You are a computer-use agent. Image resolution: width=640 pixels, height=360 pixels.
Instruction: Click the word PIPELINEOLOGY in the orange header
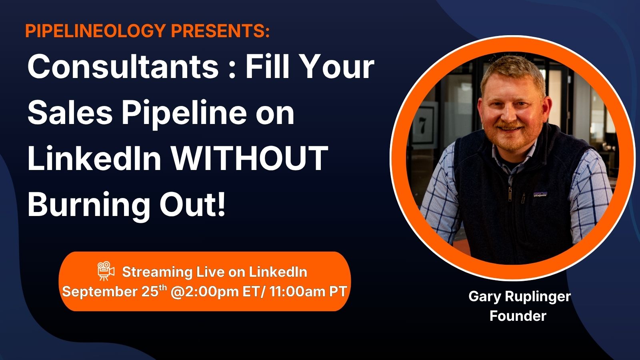(x=96, y=30)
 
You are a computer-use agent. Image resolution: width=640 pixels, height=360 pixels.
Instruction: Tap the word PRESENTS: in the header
(x=220, y=30)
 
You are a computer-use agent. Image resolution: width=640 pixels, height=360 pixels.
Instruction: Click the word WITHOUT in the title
(x=250, y=158)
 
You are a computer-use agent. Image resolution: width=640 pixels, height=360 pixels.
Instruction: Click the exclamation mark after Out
(x=222, y=204)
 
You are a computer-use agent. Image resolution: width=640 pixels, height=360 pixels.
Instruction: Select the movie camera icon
(x=106, y=271)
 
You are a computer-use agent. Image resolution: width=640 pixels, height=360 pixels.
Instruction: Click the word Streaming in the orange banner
(x=157, y=272)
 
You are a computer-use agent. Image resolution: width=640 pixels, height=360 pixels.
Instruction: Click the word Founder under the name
(x=518, y=316)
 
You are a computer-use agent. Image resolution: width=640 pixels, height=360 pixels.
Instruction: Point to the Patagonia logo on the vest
(x=540, y=194)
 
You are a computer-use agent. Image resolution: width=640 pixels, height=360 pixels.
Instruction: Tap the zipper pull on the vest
(x=509, y=195)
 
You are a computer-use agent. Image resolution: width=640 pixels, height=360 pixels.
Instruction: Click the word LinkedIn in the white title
(x=94, y=158)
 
